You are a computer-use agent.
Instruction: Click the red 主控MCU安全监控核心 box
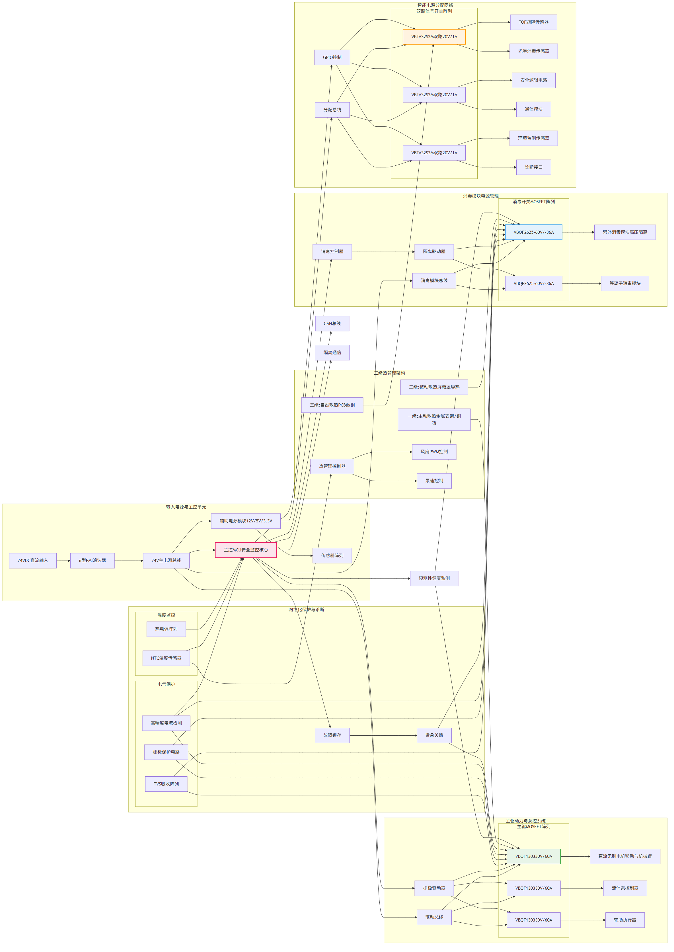point(246,550)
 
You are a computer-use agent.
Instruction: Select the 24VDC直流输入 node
point(33,561)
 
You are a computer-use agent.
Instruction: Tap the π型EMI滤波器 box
point(92,561)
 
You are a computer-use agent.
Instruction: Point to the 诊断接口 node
point(533,167)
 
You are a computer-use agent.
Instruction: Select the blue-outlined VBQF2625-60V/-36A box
point(533,232)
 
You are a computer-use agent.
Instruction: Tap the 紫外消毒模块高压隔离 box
point(624,232)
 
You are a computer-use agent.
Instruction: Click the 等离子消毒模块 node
point(624,284)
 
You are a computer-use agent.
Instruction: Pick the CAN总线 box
point(332,324)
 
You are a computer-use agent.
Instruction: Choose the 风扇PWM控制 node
point(434,452)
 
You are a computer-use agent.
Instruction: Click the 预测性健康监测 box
point(434,578)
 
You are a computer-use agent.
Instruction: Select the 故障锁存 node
point(332,735)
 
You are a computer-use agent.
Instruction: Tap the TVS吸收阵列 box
point(166,784)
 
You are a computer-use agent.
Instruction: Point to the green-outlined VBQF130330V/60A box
point(533,857)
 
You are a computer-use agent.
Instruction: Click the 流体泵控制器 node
point(624,888)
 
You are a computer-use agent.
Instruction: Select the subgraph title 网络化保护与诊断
point(306,610)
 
